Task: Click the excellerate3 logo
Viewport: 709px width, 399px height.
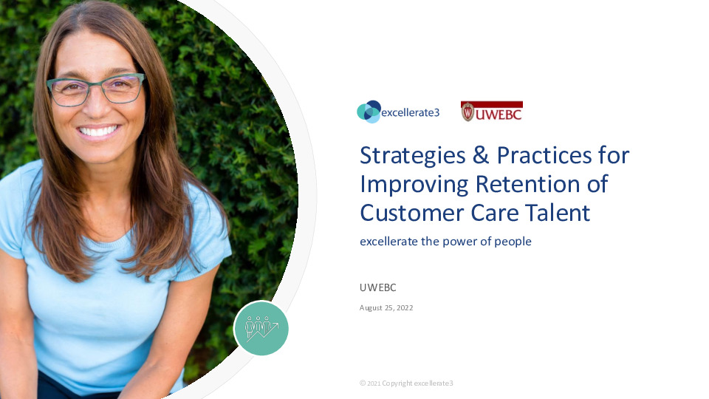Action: tap(397, 112)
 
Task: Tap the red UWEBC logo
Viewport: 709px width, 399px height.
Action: tap(491, 112)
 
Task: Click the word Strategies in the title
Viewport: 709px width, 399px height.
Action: tap(416, 156)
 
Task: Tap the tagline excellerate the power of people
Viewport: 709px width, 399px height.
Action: tap(445, 241)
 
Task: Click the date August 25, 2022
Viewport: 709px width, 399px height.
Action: tap(386, 307)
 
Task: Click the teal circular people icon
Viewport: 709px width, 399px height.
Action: tap(261, 328)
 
